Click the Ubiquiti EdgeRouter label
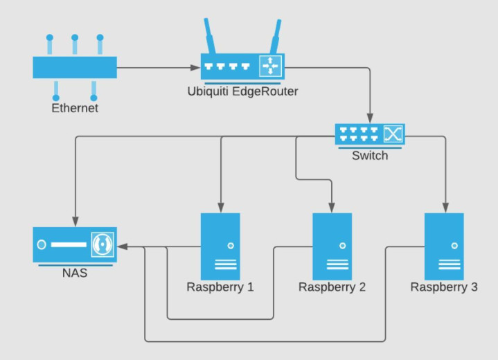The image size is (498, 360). tap(242, 91)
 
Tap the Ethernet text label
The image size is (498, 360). tap(75, 108)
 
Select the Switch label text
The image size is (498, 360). tap(370, 156)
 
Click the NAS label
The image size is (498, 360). tap(75, 273)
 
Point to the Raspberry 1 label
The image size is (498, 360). tap(220, 287)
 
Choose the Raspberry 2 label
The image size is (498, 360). tap(332, 287)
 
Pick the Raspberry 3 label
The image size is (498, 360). tap(444, 287)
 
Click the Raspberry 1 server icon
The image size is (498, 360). tap(220, 245)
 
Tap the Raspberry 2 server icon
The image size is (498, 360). tap(332, 245)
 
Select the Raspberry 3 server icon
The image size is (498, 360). tap(444, 245)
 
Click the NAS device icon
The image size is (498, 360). tap(75, 245)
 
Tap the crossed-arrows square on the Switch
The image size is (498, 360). tap(393, 133)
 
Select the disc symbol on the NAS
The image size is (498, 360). tap(103, 245)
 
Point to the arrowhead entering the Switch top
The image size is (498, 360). tap(370, 119)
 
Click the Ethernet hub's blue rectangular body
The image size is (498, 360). tap(75, 68)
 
